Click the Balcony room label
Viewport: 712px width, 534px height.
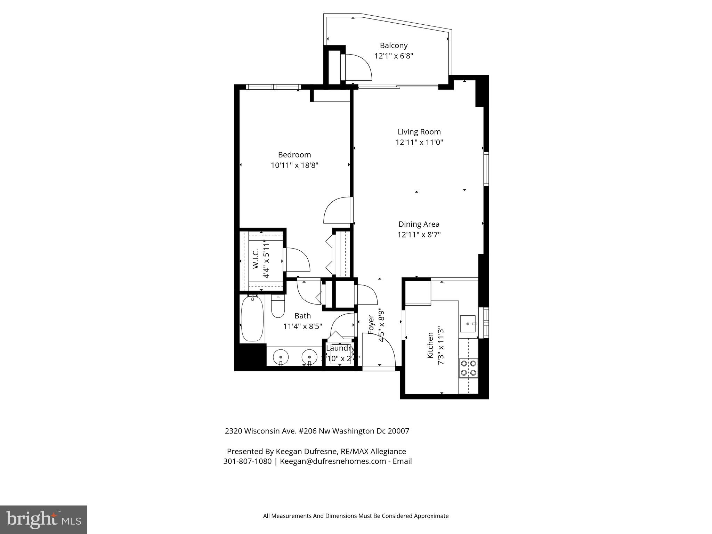tap(394, 46)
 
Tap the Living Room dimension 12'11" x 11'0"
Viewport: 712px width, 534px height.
tap(419, 142)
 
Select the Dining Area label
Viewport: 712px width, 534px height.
tap(419, 224)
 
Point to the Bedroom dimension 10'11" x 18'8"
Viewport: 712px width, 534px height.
tap(294, 165)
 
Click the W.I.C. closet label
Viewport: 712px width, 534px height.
tap(256, 259)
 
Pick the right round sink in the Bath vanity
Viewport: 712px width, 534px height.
tap(309, 357)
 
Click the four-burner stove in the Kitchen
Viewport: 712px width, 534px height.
tap(468, 368)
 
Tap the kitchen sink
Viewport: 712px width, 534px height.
tap(468, 324)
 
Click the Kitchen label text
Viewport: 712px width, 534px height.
tap(430, 345)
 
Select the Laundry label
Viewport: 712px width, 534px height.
tap(340, 348)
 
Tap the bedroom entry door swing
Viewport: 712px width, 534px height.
tap(337, 210)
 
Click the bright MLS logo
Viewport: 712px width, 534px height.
tap(43, 519)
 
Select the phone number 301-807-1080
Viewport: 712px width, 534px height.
tap(247, 461)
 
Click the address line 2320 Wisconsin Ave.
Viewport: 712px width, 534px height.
tap(317, 431)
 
